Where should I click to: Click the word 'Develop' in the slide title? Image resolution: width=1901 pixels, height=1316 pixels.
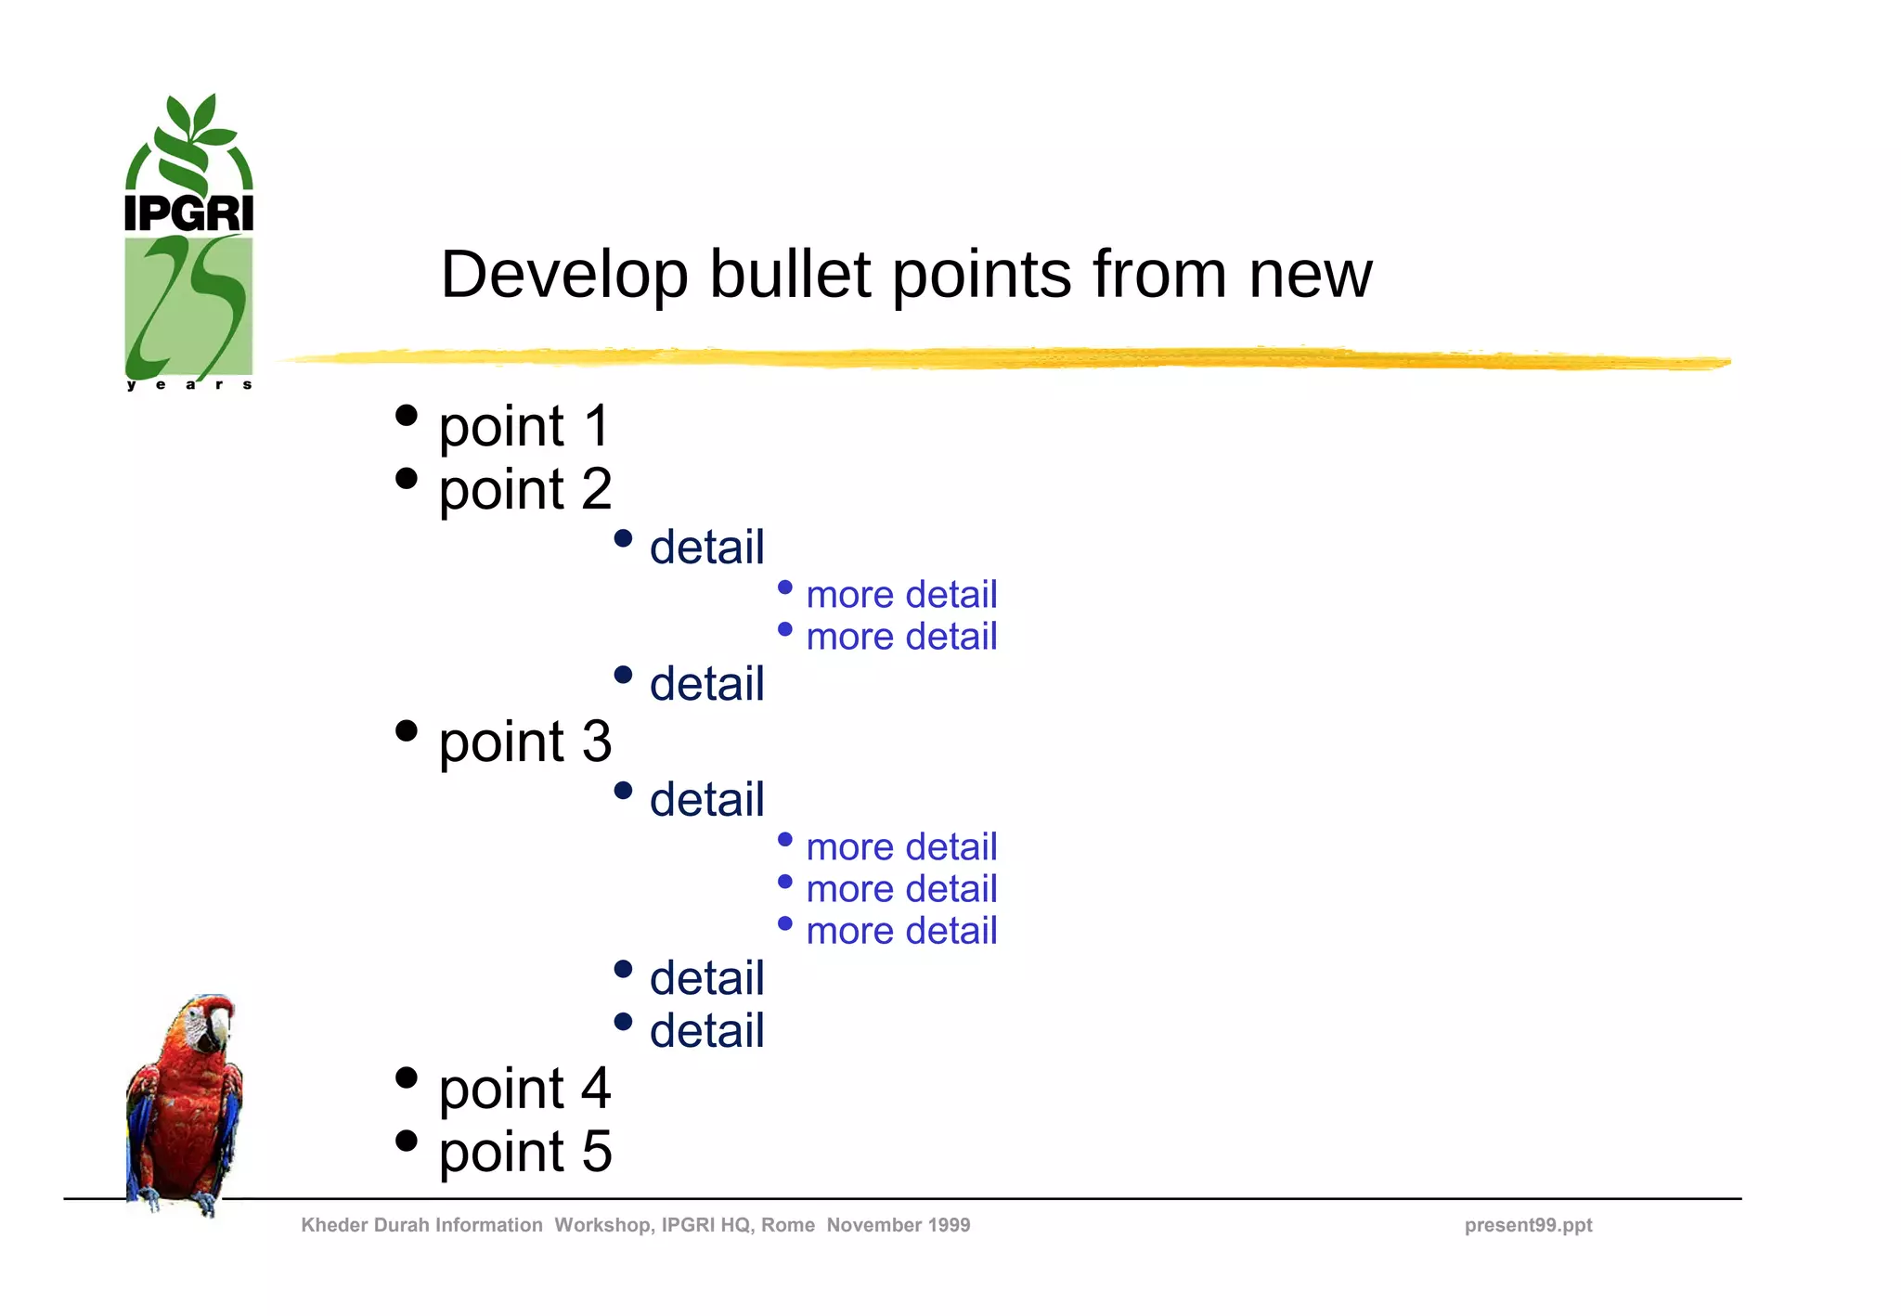563,275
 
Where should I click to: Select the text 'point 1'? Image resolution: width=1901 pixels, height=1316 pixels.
524,426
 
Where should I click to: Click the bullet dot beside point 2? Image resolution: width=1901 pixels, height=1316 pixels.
406,478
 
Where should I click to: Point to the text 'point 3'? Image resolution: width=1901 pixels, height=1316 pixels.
524,742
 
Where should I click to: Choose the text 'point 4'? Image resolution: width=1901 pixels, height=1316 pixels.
524,1088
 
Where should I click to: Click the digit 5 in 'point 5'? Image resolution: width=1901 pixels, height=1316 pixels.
597,1151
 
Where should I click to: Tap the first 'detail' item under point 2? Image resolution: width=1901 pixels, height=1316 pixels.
706,547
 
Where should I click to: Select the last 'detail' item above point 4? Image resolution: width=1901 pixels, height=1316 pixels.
706,1030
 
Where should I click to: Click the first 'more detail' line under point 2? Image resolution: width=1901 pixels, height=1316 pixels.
900,594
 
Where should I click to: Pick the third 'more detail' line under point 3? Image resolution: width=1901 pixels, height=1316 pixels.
900,930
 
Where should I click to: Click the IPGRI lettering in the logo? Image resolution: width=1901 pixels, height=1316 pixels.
188,213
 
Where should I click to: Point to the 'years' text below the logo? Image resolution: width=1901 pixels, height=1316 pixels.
189,384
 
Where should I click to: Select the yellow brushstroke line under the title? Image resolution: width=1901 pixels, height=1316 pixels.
1002,358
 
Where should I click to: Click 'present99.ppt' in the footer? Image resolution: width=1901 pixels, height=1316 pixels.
1528,1225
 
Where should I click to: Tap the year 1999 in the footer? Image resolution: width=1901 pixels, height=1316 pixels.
947,1225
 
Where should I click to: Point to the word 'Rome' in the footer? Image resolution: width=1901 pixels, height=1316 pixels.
787,1225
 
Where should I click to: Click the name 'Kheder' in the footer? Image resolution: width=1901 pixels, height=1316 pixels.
333,1225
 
